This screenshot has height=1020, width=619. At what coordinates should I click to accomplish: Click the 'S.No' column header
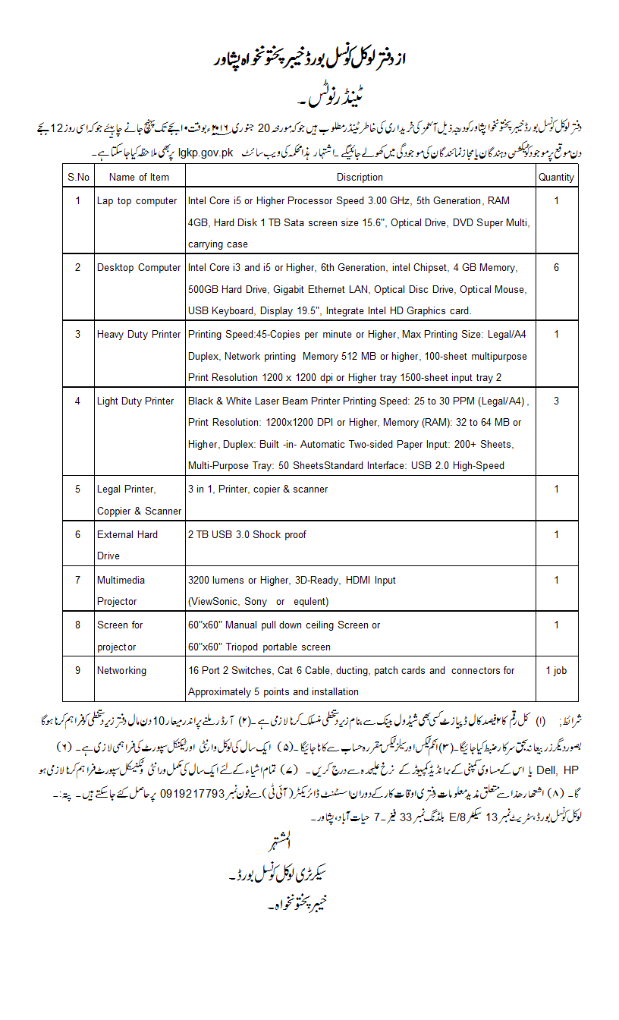click(78, 177)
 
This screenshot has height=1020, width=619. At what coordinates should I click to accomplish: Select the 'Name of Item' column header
click(139, 177)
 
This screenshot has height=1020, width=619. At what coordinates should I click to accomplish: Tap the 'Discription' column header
click(360, 177)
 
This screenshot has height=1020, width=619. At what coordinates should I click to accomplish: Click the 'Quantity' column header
click(556, 177)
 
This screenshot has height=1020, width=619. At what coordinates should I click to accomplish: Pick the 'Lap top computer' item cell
click(137, 201)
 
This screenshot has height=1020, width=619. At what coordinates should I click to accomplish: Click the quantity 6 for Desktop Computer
click(556, 268)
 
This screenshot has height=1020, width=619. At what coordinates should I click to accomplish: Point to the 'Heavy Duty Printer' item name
click(139, 334)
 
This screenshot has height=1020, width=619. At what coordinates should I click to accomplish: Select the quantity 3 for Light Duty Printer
click(556, 401)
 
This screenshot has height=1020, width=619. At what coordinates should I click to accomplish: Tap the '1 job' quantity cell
click(556, 671)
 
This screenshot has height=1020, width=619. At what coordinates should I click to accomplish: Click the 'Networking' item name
click(121, 671)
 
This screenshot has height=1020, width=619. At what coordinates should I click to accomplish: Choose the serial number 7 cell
click(77, 580)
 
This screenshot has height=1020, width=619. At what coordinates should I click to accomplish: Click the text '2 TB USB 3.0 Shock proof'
click(247, 534)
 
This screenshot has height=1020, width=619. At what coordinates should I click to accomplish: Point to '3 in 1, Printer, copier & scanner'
click(258, 490)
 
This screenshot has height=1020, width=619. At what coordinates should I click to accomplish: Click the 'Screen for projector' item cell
click(120, 636)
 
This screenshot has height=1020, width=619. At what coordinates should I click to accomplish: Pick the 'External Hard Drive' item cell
click(127, 545)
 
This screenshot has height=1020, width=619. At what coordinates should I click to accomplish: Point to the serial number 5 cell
click(77, 490)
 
